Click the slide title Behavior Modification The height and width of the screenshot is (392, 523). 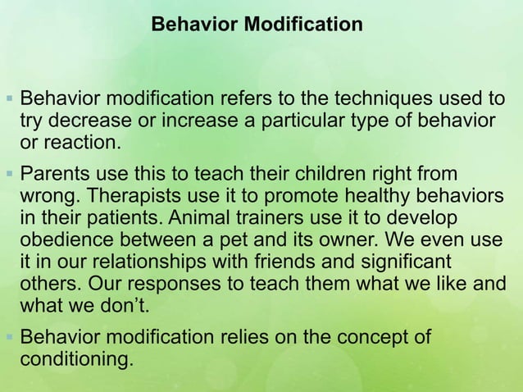(257, 25)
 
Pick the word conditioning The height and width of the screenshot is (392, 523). (75, 358)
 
